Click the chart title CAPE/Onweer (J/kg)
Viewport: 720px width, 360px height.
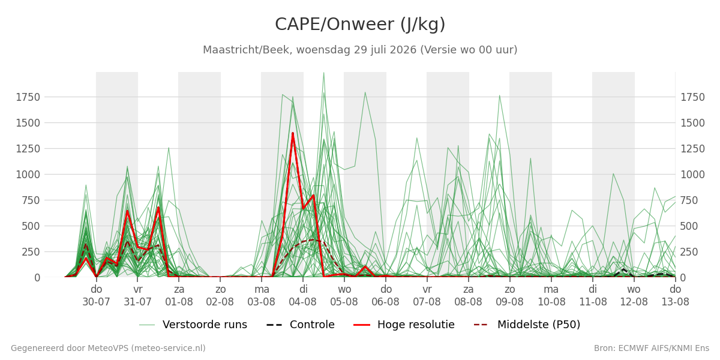click(x=360, y=25)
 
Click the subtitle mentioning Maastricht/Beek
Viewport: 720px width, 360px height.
click(x=360, y=50)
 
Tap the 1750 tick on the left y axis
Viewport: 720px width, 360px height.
click(x=28, y=97)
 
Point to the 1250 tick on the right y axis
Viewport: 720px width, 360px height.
click(x=692, y=149)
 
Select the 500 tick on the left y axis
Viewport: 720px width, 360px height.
click(x=31, y=226)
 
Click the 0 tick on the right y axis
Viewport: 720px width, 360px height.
click(x=683, y=278)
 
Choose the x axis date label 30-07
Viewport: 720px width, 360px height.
click(x=97, y=302)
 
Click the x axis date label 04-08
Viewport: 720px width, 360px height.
click(x=303, y=302)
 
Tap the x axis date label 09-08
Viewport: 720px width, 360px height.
click(x=510, y=302)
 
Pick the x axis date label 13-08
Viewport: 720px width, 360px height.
click(x=676, y=302)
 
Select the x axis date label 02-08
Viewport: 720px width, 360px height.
click(x=220, y=302)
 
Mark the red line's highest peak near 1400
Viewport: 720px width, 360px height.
click(x=293, y=133)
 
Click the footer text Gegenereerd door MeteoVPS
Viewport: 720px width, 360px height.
click(x=108, y=349)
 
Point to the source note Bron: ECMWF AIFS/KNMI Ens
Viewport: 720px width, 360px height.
click(x=652, y=349)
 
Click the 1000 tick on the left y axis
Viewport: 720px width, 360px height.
click(x=28, y=175)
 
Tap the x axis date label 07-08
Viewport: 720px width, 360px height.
click(x=427, y=302)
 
